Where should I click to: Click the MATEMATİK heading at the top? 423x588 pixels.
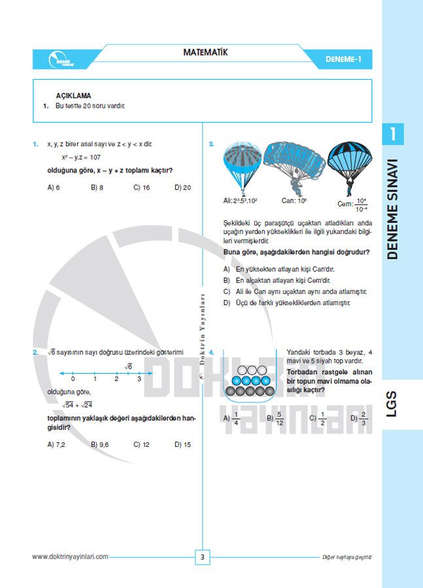click(x=205, y=52)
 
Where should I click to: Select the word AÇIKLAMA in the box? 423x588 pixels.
click(x=73, y=95)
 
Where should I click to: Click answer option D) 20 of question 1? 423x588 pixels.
click(x=183, y=188)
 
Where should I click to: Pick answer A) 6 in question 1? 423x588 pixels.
click(x=54, y=188)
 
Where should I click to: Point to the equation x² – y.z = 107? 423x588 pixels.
click(x=82, y=157)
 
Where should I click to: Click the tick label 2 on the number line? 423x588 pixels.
click(x=116, y=380)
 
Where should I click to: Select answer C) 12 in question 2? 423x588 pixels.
click(x=141, y=444)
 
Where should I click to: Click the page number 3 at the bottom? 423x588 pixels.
click(x=203, y=557)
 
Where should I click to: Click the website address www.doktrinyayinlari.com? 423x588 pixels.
click(x=70, y=557)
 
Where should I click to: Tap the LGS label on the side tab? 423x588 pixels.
click(x=401, y=405)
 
